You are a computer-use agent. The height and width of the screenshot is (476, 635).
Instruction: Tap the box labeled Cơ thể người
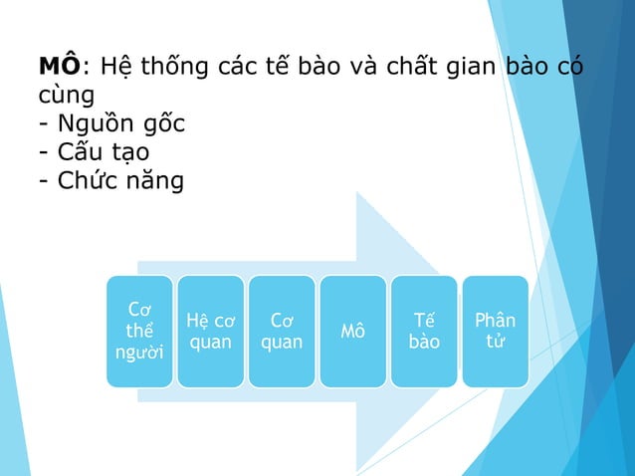tap(140, 331)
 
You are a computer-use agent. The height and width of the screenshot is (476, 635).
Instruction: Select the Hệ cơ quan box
tap(211, 331)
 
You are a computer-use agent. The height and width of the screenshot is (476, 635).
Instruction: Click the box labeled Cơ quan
tap(282, 331)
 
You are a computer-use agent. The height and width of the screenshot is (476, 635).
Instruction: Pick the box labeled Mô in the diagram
tap(352, 331)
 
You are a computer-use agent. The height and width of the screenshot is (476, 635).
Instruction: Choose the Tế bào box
tap(424, 331)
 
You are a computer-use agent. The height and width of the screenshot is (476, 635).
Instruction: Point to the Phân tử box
tap(495, 331)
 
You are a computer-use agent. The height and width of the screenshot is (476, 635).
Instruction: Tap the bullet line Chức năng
tap(110, 182)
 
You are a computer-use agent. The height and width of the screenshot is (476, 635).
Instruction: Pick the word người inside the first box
tap(140, 353)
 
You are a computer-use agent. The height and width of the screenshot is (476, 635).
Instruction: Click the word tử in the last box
tap(495, 342)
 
